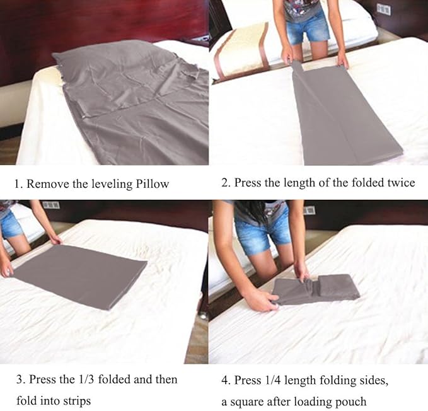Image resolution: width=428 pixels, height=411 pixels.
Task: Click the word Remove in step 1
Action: [46, 184]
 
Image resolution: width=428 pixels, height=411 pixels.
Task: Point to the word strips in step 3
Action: [79, 400]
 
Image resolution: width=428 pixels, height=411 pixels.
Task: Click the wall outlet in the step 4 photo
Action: [309, 209]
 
